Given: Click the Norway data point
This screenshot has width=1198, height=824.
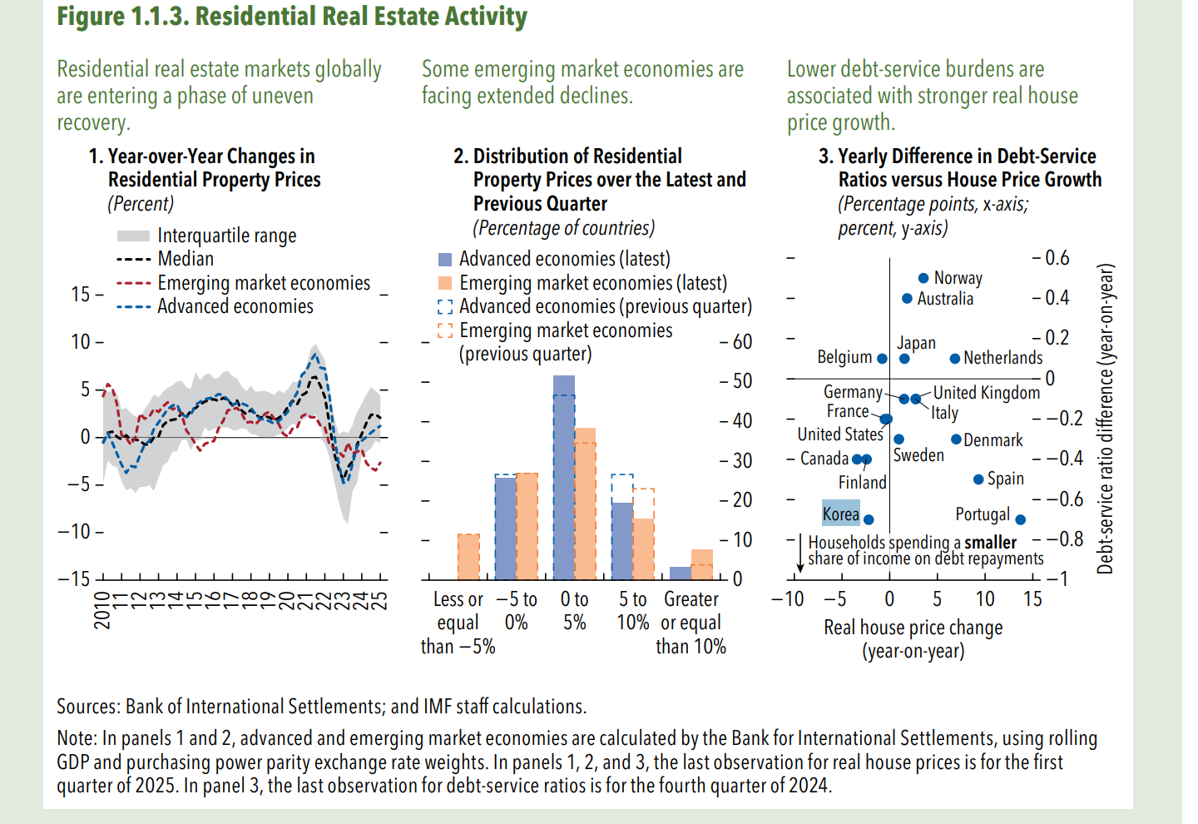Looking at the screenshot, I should pyautogui.click(x=923, y=278).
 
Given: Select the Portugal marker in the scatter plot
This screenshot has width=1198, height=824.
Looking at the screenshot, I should pyautogui.click(x=1021, y=519).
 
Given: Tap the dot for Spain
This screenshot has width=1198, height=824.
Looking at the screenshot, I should pyautogui.click(x=978, y=479).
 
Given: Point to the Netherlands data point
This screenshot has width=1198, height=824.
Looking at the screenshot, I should pyautogui.click(x=955, y=359).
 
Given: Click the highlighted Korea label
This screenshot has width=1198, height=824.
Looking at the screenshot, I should pyautogui.click(x=840, y=514).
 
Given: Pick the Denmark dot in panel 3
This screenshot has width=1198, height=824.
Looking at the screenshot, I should pyautogui.click(x=956, y=439).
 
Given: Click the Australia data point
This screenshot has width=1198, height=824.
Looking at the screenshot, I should pyautogui.click(x=907, y=299).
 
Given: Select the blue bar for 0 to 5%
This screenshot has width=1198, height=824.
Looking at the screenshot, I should pyautogui.click(x=564, y=478).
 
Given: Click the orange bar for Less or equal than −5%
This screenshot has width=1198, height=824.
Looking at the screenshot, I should pyautogui.click(x=468, y=557).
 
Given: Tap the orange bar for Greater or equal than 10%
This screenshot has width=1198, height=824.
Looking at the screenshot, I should pyautogui.click(x=702, y=564).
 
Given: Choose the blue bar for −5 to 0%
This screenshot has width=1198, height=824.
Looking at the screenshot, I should pyautogui.click(x=505, y=528).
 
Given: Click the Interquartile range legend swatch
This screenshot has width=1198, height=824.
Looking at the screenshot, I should pyautogui.click(x=133, y=236).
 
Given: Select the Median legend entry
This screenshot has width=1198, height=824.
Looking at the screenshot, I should pyautogui.click(x=186, y=259).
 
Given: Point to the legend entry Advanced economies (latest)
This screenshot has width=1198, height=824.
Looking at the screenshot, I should pyautogui.click(x=564, y=259).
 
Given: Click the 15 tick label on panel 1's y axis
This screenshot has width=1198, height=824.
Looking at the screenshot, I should pyautogui.click(x=81, y=295).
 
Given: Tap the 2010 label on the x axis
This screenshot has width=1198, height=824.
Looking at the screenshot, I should pyautogui.click(x=101, y=609).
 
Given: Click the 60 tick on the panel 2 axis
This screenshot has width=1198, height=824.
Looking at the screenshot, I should pyautogui.click(x=742, y=341).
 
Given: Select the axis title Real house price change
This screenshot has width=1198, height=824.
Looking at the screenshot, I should pyautogui.click(x=913, y=628).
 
